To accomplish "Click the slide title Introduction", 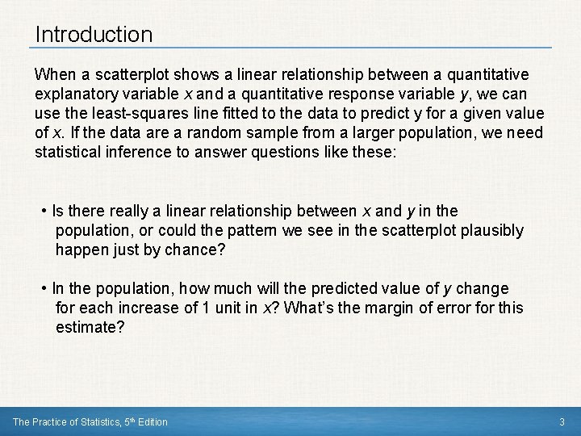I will tap(94, 35).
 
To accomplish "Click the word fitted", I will tap(240, 113).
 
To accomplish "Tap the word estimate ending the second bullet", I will tap(89, 327).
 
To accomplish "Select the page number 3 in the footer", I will tap(561, 422).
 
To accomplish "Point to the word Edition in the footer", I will tap(152, 422).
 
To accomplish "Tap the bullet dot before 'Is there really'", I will tap(44, 212).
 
